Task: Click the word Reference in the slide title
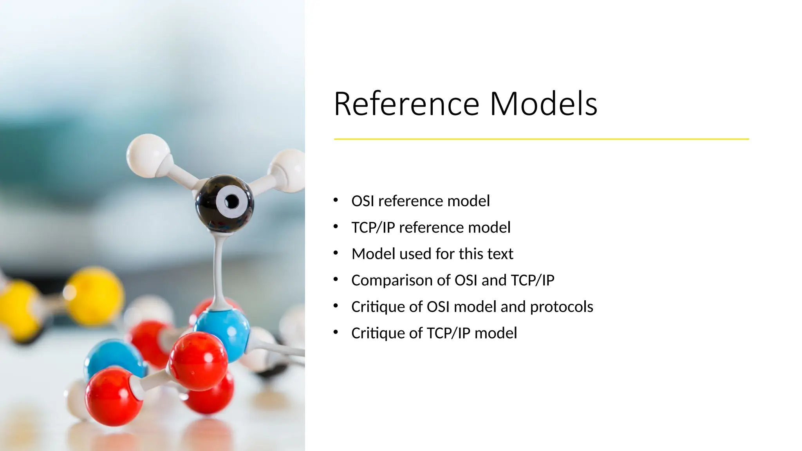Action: (406, 104)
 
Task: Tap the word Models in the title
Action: (543, 104)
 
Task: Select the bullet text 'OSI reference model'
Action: (421, 201)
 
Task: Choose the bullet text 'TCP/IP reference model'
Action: (431, 227)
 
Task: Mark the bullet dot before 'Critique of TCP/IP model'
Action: (336, 332)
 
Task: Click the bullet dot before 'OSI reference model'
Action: (336, 200)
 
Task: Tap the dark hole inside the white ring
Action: (231, 202)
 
